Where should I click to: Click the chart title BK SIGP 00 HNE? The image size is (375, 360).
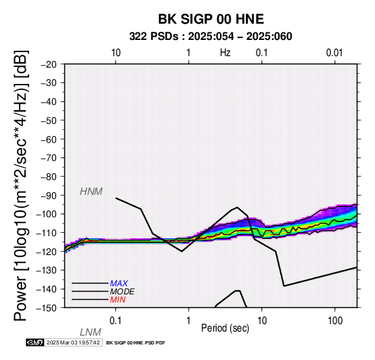pos(211,19)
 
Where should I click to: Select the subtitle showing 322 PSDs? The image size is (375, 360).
pos(211,37)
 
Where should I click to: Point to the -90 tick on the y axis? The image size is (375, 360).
pos(49,196)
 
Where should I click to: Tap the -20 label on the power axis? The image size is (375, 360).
pos(49,64)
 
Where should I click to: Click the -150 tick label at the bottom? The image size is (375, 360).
pos(47,308)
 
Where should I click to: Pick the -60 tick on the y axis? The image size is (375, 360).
pos(49,139)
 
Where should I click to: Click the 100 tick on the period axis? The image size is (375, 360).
pos(335,321)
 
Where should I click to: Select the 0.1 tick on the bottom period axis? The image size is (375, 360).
pos(116,321)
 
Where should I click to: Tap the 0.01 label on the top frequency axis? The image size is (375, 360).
pos(334,53)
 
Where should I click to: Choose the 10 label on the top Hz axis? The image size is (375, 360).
pos(116,53)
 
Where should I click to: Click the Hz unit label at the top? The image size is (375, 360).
pos(225,53)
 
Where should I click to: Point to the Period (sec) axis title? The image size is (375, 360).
pos(225,328)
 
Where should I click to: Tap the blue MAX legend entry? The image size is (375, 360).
pos(119,284)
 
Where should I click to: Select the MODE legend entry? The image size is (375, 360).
pos(123,292)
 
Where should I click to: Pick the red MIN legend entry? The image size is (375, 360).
pos(118,300)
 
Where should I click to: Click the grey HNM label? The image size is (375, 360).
pos(91,192)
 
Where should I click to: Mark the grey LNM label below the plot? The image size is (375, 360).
pos(91,332)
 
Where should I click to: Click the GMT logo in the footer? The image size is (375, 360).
pos(35,342)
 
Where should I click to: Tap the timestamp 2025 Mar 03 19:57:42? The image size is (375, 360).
pos(73,342)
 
